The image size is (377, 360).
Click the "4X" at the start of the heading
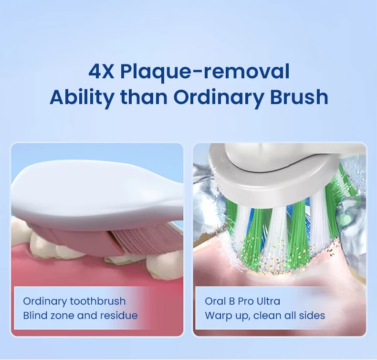[x=101, y=72]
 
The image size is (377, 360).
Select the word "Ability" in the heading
[x=82, y=98]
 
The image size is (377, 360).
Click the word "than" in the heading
[x=144, y=97]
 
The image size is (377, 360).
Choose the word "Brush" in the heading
[x=299, y=97]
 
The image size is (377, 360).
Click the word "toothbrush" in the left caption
[x=98, y=301]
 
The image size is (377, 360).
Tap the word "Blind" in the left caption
[x=35, y=315]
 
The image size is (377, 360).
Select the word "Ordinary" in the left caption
[x=45, y=302]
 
